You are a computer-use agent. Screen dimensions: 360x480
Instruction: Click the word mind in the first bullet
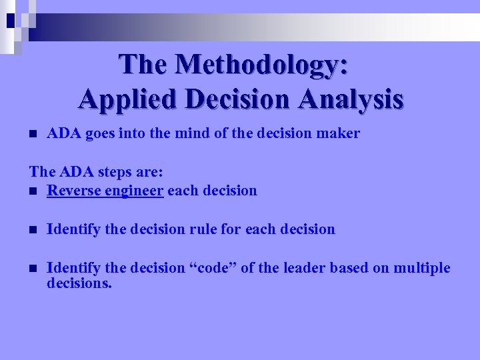tap(193, 133)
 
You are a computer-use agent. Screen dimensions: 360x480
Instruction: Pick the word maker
tap(339, 133)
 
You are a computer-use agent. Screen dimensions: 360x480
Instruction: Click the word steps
tap(119, 172)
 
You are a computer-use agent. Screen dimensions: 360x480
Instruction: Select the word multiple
tap(423, 268)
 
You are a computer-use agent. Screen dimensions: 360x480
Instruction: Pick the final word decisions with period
tap(79, 283)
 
